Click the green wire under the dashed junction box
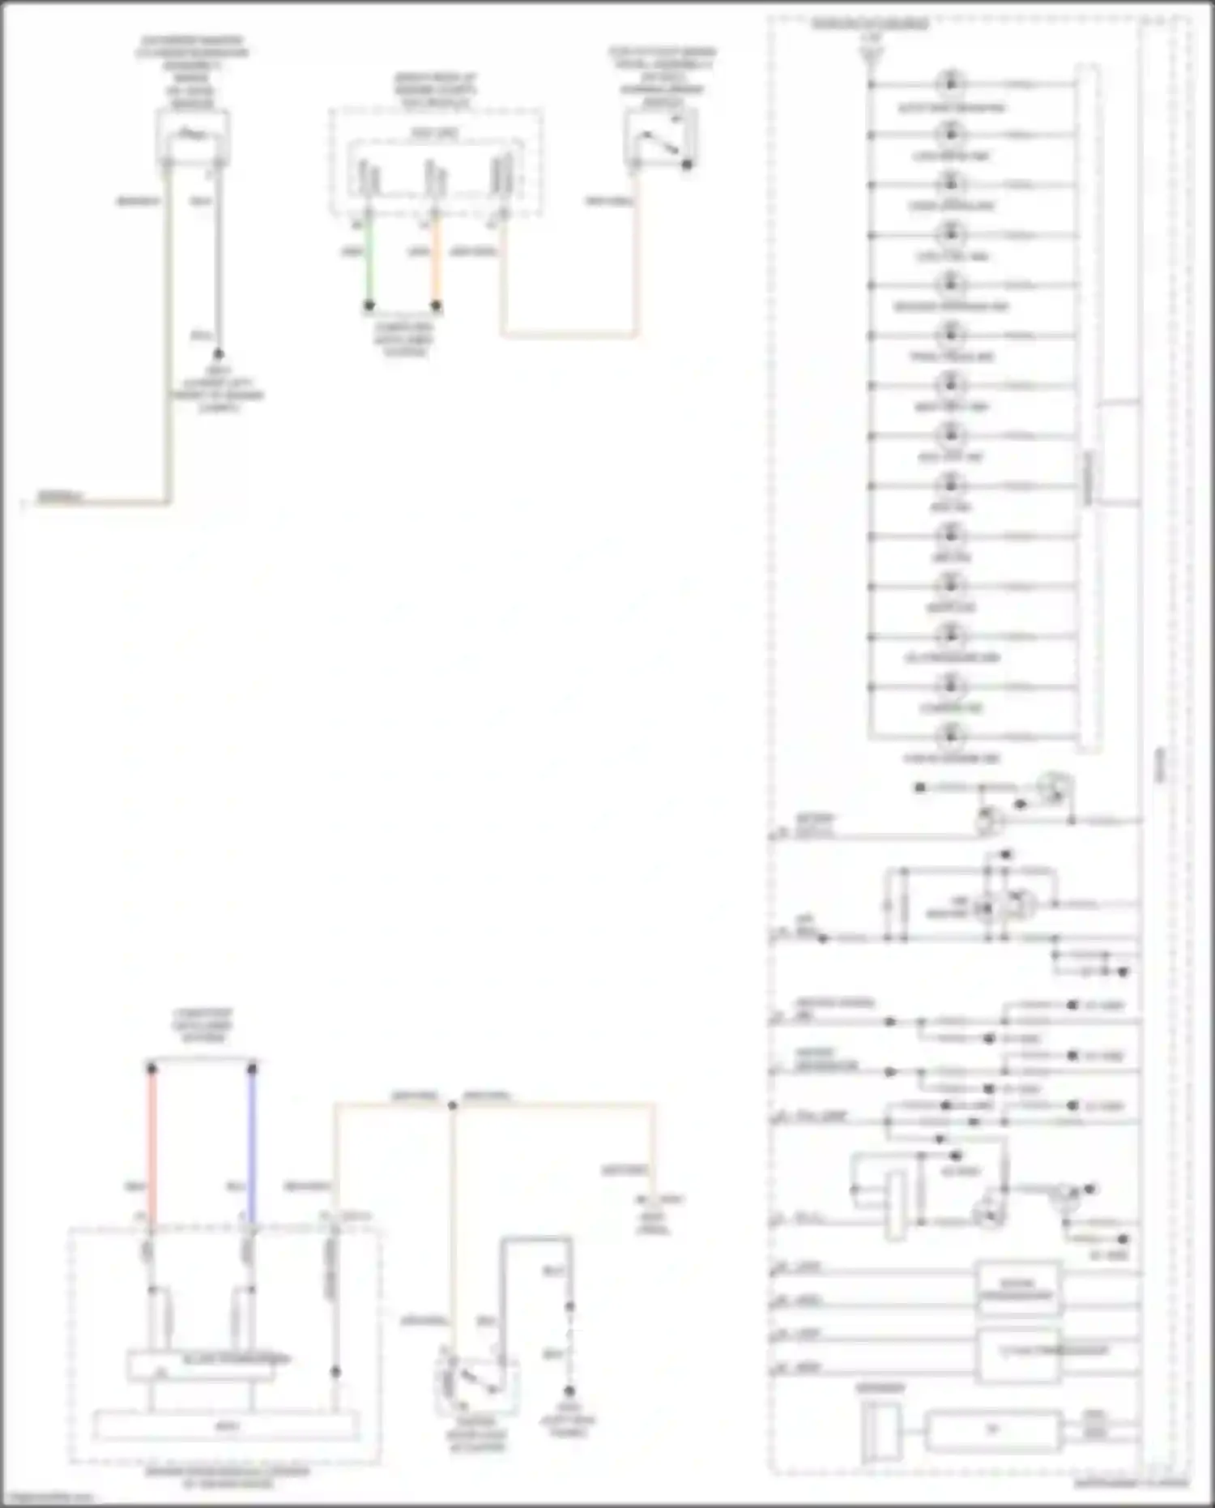point(369,259)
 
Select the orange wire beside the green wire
point(436,259)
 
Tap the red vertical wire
point(151,1143)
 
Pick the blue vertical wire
point(252,1143)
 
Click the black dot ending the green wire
point(369,305)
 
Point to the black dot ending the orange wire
point(436,305)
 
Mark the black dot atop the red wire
point(151,1069)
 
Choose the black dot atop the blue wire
point(252,1069)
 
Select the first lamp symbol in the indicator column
point(951,83)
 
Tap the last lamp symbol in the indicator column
point(951,737)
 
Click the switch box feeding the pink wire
point(662,138)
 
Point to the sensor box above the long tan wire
point(192,138)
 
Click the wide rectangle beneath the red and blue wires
point(226,1426)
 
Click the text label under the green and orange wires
point(403,339)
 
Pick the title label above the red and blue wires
point(202,1025)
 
